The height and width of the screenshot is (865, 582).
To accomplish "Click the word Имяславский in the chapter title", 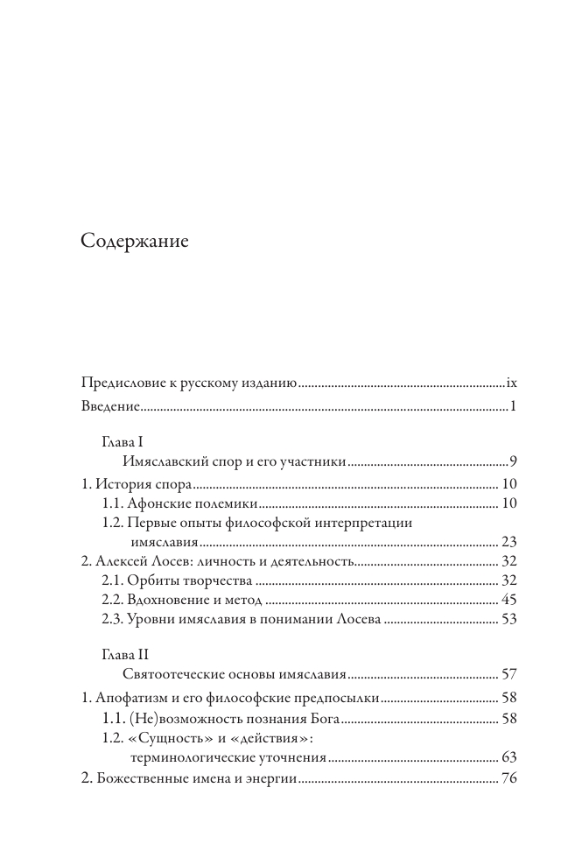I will click(165, 461).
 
